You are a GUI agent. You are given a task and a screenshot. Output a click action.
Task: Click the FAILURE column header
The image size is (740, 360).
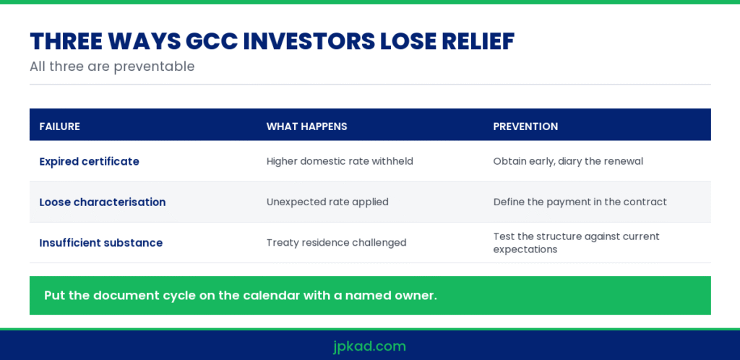(x=59, y=127)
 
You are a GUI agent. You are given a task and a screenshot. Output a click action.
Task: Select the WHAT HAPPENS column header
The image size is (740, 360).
(x=306, y=127)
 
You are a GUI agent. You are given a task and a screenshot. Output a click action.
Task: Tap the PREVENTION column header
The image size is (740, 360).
(x=526, y=127)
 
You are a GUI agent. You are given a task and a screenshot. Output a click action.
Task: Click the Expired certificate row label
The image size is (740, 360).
(x=89, y=161)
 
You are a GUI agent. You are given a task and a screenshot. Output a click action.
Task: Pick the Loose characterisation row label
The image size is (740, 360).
(x=103, y=202)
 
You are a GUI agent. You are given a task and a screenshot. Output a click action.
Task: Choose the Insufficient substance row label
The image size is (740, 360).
(x=101, y=243)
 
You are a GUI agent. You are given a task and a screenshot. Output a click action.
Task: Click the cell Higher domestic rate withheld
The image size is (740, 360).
(x=340, y=161)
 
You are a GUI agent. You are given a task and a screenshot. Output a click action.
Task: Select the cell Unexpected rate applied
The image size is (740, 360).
(x=327, y=202)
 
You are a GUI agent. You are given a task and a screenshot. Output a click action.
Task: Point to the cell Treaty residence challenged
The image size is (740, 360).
(x=337, y=242)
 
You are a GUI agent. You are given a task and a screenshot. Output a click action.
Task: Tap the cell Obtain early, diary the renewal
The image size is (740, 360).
(x=568, y=161)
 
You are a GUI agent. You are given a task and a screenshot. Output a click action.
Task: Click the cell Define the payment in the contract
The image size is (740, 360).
(x=580, y=202)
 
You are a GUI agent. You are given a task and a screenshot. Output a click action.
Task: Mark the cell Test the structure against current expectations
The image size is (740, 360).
(x=576, y=242)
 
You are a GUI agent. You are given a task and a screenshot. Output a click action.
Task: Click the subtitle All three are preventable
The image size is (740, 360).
(x=112, y=67)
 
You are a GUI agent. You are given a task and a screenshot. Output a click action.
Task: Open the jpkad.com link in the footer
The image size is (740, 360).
(x=369, y=346)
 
